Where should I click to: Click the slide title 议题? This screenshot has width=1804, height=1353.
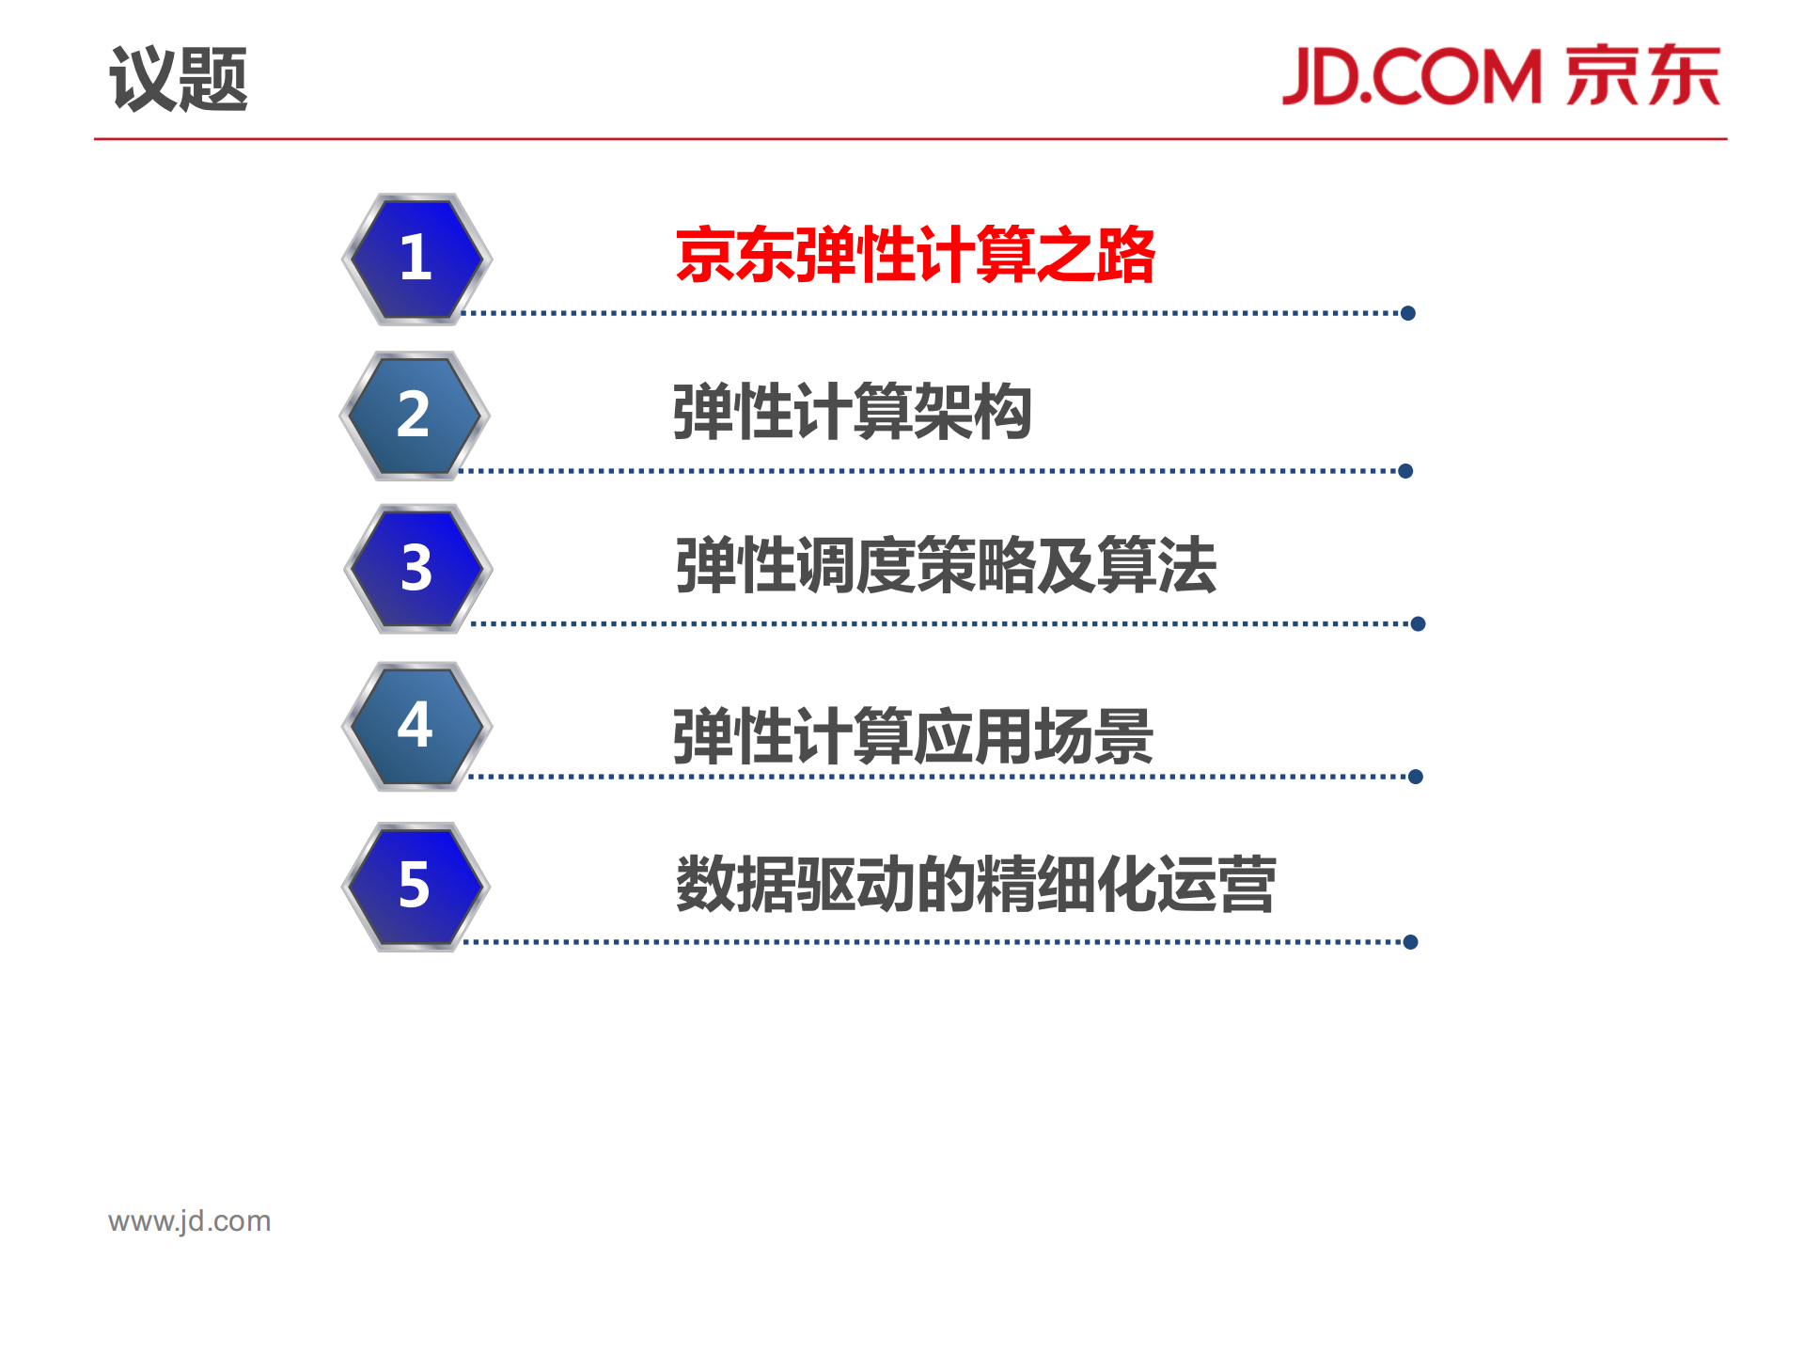(x=179, y=79)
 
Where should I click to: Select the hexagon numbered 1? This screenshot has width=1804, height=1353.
(x=416, y=259)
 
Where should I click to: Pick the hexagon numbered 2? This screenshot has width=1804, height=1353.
(x=415, y=415)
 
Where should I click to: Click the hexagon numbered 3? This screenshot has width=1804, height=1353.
(x=417, y=569)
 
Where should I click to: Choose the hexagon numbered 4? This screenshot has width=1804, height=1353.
(x=416, y=726)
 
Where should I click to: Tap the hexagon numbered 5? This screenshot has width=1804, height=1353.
(x=416, y=886)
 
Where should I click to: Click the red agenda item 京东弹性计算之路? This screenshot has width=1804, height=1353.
(x=915, y=255)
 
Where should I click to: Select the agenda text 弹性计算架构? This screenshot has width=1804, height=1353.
(x=852, y=412)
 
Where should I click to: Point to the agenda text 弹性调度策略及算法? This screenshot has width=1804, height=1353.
(x=946, y=565)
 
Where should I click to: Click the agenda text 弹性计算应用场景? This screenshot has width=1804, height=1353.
(x=913, y=736)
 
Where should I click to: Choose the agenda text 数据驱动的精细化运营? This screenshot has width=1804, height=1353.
(x=976, y=884)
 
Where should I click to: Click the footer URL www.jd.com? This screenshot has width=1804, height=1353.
(x=190, y=1220)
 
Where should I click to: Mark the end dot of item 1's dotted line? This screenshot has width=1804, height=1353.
(x=1407, y=313)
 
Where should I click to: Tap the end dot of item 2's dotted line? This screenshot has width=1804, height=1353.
(x=1405, y=471)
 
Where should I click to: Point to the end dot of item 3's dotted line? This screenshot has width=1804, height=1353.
(x=1418, y=623)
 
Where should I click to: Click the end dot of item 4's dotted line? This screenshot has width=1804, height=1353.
(x=1416, y=777)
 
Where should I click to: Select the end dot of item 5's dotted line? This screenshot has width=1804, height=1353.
(x=1410, y=942)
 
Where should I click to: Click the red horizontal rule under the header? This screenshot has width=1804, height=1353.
(x=910, y=139)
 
